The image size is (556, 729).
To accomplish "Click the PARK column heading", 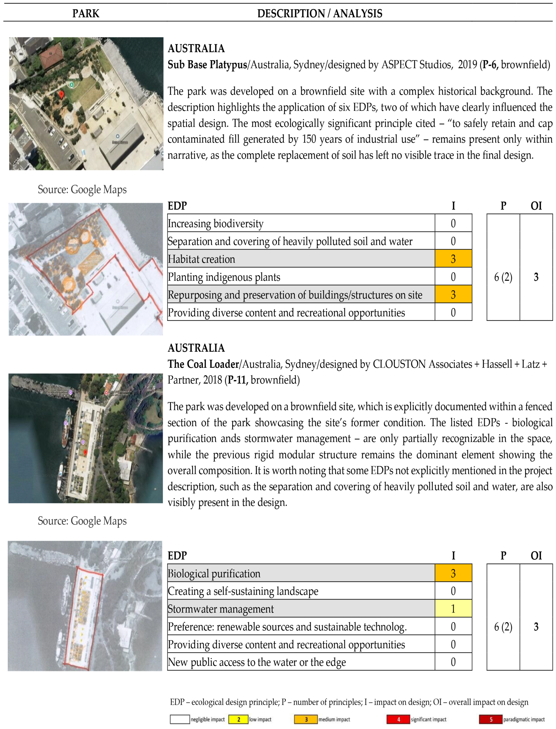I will coord(86,14).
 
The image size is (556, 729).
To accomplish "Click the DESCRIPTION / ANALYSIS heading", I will coord(320,14).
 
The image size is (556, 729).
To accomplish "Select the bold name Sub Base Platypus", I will coord(207,65).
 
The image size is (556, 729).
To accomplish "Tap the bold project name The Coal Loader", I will coord(203,364).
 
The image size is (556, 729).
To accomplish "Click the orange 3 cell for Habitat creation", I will coord(453,259).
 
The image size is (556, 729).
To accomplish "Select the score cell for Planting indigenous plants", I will coord(453,277).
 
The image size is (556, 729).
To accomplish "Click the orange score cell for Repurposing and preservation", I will coord(453,294).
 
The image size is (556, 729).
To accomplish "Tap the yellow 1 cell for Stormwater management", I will coord(453,608).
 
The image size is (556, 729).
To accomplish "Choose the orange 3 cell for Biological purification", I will coord(453,573).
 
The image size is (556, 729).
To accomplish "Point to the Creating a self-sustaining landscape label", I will coord(243,591).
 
